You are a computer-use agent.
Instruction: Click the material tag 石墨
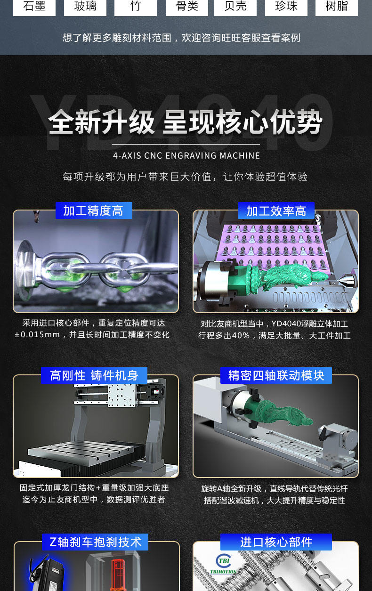[34, 7]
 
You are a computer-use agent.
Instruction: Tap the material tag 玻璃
[85, 7]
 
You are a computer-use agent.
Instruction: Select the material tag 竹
[136, 7]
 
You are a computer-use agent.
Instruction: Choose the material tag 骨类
[187, 7]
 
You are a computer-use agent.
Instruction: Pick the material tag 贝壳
[235, 7]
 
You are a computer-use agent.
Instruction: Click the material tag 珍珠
[286, 7]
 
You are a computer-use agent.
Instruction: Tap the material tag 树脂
[337, 7]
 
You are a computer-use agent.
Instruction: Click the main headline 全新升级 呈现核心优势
[186, 122]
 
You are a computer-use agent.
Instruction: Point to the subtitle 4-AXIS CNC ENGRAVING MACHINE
[186, 155]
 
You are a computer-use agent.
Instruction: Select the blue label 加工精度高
[94, 210]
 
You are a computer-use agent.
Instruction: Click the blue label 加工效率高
[276, 210]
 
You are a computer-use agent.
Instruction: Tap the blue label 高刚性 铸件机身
[94, 375]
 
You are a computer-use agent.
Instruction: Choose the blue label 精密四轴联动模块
[276, 375]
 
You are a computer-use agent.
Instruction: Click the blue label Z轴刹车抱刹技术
[95, 542]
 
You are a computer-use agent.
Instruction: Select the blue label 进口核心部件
[276, 542]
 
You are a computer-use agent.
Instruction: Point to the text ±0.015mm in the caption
[37, 335]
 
